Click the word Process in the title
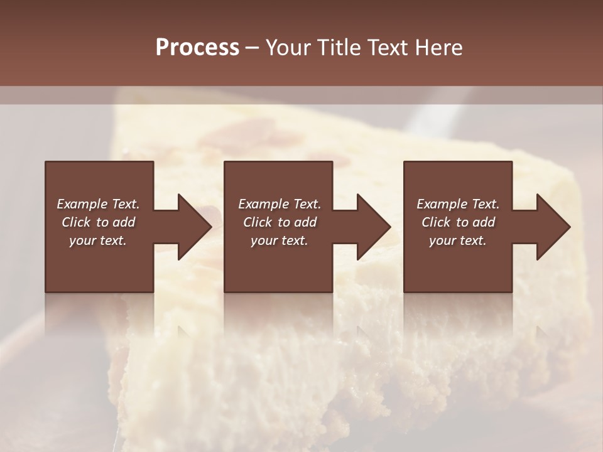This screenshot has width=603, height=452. coord(197,48)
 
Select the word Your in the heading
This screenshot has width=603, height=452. coord(289,48)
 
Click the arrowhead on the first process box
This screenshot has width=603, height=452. coord(192,227)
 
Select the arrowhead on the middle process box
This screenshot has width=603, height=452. coord(371,227)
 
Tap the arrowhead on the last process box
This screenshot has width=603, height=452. coord(551,227)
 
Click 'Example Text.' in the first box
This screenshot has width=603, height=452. coord(98,204)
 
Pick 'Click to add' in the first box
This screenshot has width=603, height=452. coord(98,222)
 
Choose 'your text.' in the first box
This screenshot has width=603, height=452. coord(98,240)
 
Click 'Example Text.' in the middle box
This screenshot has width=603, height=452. coord(280,204)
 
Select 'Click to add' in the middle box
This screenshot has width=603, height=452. coord(280,222)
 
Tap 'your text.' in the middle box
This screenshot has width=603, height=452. coord(280,240)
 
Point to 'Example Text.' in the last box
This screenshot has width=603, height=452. coord(458,204)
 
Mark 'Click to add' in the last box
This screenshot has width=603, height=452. coord(458,222)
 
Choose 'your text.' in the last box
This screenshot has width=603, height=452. coord(458,240)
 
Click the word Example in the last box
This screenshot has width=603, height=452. coord(442,204)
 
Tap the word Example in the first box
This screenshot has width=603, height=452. coord(82,204)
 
